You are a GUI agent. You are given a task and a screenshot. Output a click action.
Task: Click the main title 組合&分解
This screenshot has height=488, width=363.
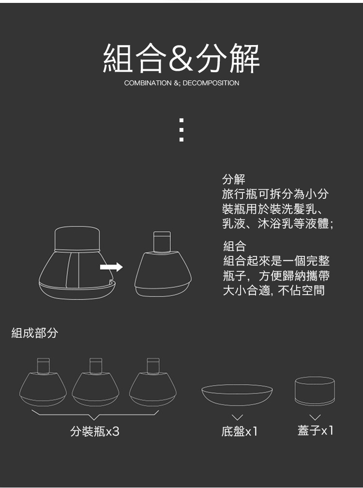click(x=181, y=59)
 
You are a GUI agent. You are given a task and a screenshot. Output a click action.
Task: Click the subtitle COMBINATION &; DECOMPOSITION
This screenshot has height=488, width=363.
click(x=181, y=83)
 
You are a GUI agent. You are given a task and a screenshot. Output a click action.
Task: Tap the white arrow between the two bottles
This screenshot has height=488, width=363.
click(x=111, y=267)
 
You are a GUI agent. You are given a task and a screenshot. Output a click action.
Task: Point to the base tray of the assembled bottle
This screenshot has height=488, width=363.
click(x=77, y=290)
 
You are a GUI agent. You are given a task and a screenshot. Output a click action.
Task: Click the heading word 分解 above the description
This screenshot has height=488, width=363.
click(x=234, y=180)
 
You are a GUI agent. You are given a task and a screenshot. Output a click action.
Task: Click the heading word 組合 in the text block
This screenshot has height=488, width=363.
click(x=235, y=246)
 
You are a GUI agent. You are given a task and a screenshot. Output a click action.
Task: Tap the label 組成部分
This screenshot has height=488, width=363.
click(x=34, y=333)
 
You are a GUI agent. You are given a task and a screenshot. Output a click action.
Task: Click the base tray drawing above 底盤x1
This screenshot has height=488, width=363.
click(x=237, y=394)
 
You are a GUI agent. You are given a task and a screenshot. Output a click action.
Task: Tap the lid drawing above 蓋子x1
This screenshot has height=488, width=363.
click(x=315, y=390)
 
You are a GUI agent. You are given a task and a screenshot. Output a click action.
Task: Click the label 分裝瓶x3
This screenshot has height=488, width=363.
click(x=95, y=431)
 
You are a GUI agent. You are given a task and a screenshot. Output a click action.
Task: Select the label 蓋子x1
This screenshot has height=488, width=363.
click(x=316, y=430)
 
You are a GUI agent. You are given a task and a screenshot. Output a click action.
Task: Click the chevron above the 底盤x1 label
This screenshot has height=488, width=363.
click(x=237, y=417)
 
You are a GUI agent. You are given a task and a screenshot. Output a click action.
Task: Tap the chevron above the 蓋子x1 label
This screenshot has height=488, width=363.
click(x=315, y=417)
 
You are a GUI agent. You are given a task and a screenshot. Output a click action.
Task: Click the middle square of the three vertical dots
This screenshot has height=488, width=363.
click(x=181, y=130)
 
